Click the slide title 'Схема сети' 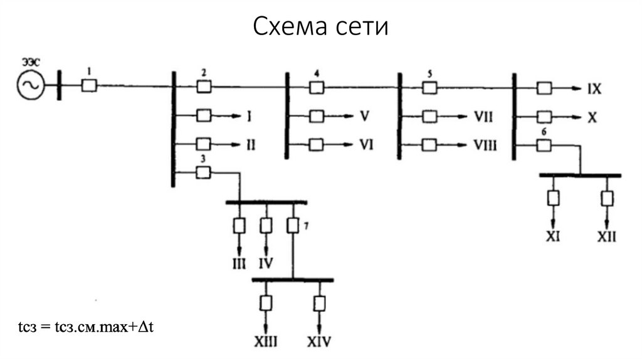point(321,27)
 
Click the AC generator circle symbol point(30,86)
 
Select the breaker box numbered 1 point(89,86)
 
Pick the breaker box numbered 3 point(204,173)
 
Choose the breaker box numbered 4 point(317,87)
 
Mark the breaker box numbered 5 point(429,87)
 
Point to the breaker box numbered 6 point(543,146)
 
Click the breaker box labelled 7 point(292,225)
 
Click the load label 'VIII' point(485,146)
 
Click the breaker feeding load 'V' point(317,117)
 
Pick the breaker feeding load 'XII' point(606,198)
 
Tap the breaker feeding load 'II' point(204,144)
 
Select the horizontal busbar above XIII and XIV point(293,280)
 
